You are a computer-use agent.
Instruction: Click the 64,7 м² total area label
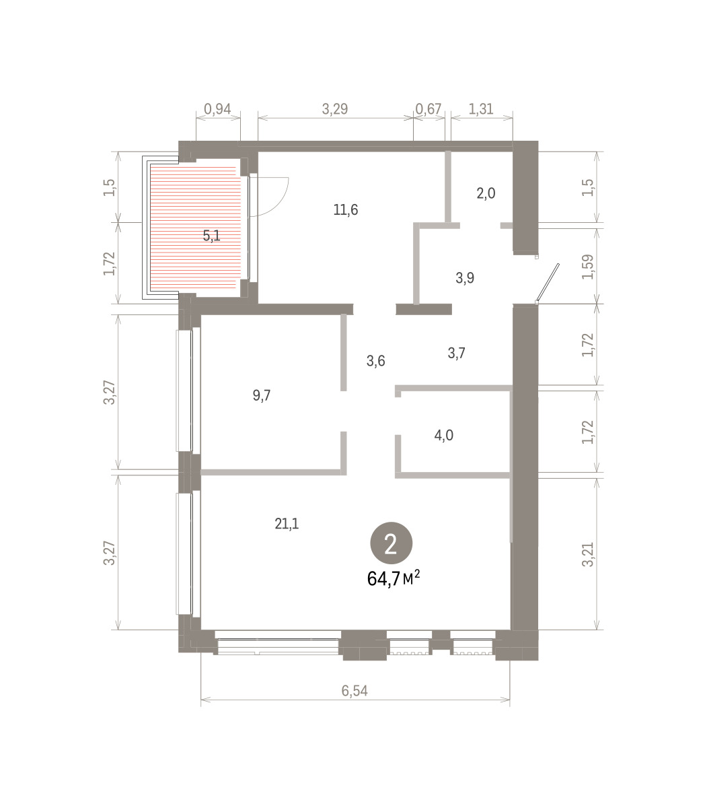(x=394, y=579)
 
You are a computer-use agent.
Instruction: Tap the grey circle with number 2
(x=391, y=543)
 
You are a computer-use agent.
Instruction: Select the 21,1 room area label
(x=287, y=524)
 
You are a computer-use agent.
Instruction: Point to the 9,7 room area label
(x=262, y=395)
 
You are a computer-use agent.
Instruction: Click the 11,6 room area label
(x=346, y=209)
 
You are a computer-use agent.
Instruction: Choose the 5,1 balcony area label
(x=211, y=236)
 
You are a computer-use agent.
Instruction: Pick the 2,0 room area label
(x=486, y=193)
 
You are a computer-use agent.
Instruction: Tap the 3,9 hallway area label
(x=465, y=278)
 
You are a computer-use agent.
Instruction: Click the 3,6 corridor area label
(x=375, y=360)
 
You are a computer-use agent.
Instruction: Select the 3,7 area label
(x=456, y=353)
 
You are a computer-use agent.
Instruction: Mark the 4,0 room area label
(x=443, y=435)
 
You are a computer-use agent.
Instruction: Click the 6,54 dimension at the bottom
(x=355, y=691)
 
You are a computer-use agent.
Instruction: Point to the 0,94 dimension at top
(x=217, y=108)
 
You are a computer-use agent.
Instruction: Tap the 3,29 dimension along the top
(x=335, y=108)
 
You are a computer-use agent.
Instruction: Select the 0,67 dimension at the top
(x=428, y=108)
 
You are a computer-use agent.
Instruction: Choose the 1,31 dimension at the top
(x=480, y=108)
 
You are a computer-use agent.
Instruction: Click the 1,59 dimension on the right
(x=587, y=267)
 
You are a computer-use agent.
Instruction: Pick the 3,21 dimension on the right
(x=587, y=555)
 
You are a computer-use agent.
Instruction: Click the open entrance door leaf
(x=547, y=283)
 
